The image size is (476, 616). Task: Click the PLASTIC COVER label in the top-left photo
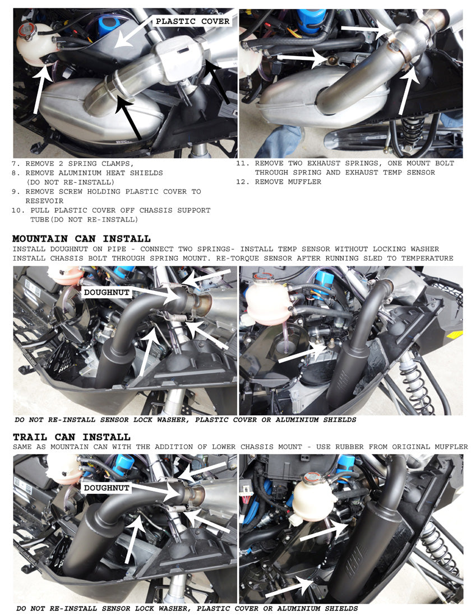192,21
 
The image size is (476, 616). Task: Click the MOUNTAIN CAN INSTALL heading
81,239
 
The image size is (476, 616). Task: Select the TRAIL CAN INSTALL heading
71,437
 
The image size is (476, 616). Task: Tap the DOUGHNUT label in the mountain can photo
107,293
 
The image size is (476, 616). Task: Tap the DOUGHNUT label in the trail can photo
107,488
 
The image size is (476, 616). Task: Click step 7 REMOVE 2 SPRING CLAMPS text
73,164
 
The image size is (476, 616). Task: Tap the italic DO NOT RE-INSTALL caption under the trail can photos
187,608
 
